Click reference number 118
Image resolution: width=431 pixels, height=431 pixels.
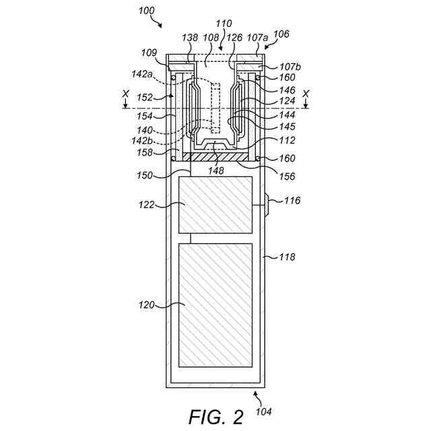click(287, 257)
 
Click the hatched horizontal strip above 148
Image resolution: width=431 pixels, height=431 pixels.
click(216, 156)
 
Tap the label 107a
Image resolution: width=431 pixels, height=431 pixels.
click(258, 38)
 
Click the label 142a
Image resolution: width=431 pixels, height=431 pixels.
click(141, 75)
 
